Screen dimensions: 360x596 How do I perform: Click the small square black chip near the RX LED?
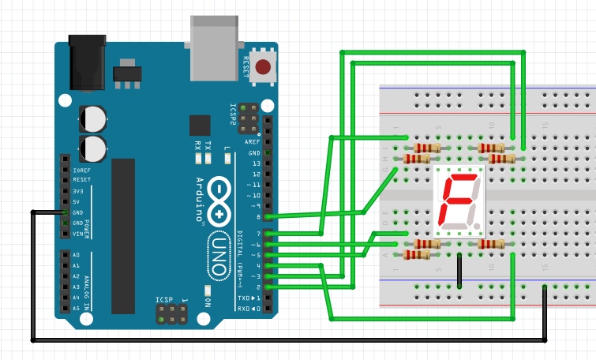click(x=200, y=126)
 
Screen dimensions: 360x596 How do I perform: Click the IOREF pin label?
click(x=81, y=170)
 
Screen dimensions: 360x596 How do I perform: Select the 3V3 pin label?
click(x=77, y=191)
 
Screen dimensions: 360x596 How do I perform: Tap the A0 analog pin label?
click(x=76, y=255)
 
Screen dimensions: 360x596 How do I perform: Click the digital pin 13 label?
click(x=255, y=163)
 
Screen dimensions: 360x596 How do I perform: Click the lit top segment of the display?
click(x=460, y=178)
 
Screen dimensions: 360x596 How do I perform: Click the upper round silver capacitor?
click(x=92, y=119)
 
